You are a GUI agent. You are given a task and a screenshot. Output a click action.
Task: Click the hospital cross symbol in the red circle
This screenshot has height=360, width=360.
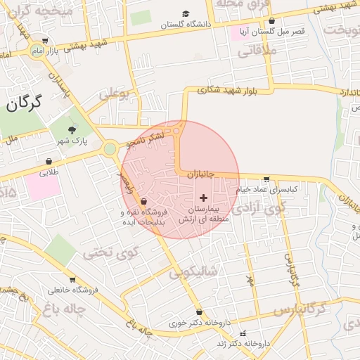[204, 198]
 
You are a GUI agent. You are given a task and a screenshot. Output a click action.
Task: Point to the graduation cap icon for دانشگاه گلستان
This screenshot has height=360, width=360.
[186, 13]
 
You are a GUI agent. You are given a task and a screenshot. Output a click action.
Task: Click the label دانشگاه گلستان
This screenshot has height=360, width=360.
[186, 25]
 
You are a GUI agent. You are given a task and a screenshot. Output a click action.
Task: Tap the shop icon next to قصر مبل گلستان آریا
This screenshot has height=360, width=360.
[271, 21]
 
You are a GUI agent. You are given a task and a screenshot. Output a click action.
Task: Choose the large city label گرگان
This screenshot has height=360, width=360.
[24, 104]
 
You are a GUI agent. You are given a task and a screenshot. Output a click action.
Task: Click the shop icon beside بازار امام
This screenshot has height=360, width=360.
[46, 41]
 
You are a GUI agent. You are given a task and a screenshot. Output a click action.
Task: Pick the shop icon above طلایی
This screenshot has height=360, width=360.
[49, 161]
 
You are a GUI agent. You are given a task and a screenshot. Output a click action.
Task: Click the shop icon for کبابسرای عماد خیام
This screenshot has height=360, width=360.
[265, 179]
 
